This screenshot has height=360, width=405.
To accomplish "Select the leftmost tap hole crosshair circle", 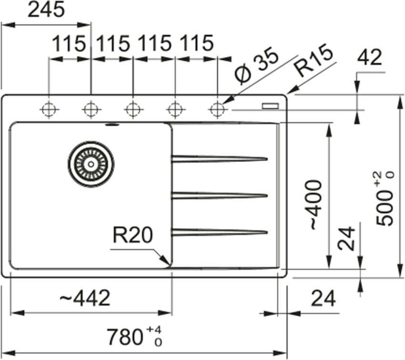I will [49, 109].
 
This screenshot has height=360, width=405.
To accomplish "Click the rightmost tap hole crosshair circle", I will [217, 109].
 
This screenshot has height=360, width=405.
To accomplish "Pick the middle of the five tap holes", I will [133, 109].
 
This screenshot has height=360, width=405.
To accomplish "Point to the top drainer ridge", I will [219, 158].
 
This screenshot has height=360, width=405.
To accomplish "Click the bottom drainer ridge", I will [219, 232].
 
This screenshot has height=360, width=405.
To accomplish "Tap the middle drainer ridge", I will [219, 195].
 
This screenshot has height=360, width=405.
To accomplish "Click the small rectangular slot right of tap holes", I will [272, 106].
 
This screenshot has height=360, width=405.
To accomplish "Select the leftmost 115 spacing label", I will [69, 44].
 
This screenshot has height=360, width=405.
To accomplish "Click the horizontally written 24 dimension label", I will [324, 299].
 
